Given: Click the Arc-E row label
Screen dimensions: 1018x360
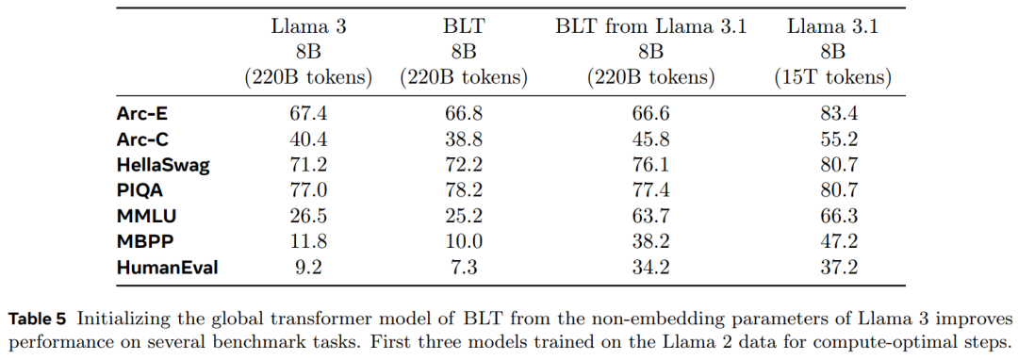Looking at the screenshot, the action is (144, 114).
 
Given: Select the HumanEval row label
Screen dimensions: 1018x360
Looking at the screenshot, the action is (168, 267).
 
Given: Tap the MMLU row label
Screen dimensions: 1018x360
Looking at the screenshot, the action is (147, 216).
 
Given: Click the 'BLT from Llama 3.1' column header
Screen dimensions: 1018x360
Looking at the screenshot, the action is (651, 27).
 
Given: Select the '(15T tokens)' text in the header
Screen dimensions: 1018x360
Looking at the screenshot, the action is (832, 78).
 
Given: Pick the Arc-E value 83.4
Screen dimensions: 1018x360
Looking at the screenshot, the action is (833, 114).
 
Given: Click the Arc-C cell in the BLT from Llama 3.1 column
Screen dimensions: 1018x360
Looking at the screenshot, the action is (651, 139).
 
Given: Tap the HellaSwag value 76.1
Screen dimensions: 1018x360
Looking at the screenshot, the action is (651, 165).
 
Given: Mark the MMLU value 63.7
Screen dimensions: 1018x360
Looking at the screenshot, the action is (651, 216).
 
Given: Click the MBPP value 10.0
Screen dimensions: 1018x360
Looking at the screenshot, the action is (464, 241).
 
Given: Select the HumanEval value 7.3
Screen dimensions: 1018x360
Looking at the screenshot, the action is (464, 267).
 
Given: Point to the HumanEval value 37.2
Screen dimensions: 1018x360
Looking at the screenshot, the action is (833, 267).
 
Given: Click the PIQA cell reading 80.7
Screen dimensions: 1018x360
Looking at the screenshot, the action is (833, 190).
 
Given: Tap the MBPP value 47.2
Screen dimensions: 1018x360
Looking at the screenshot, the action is (833, 241).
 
